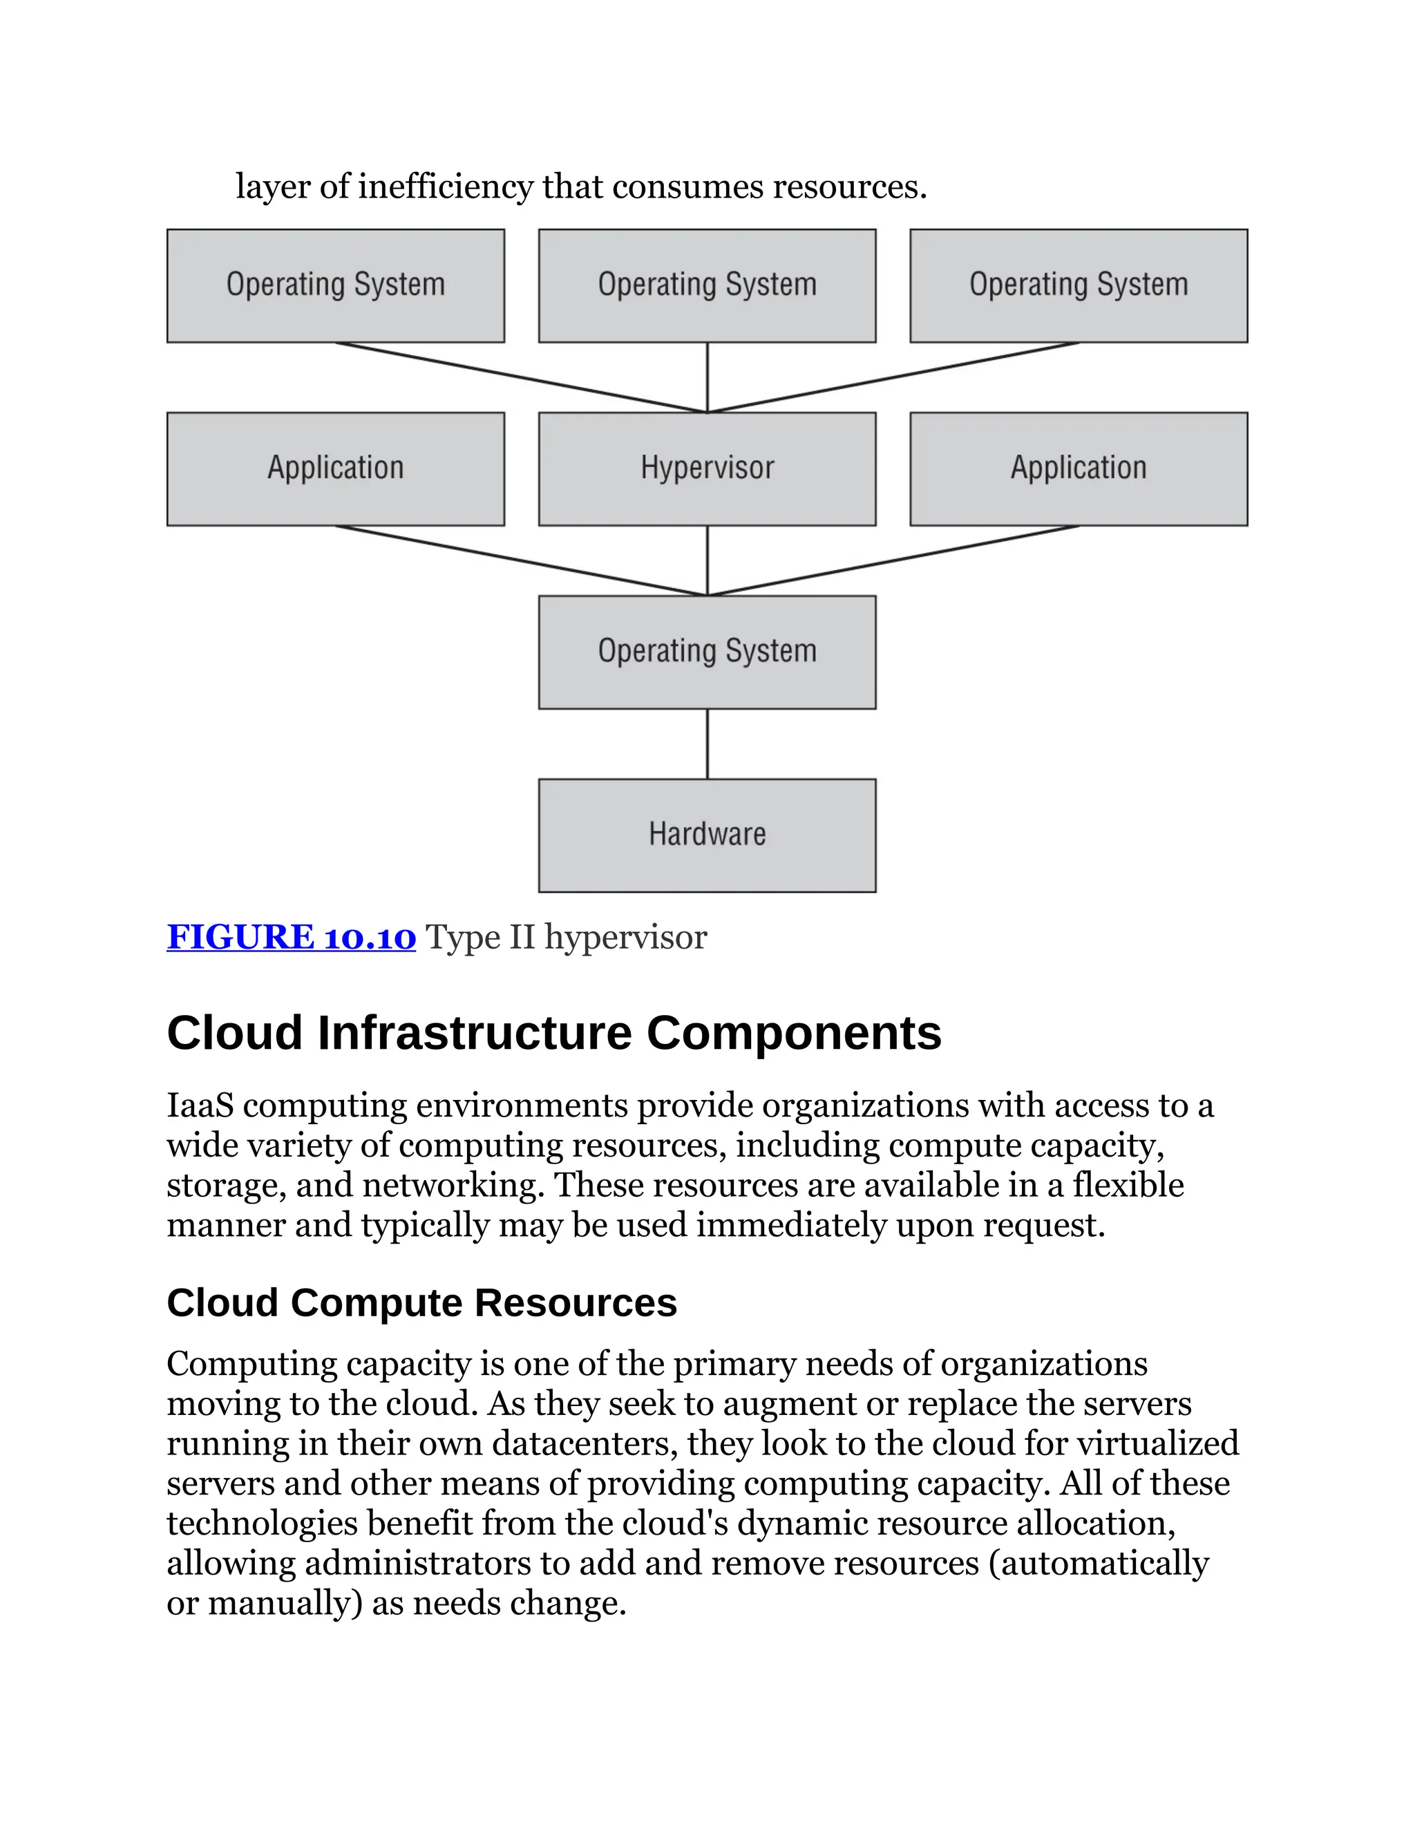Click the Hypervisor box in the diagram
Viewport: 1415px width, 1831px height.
pyautogui.click(x=707, y=468)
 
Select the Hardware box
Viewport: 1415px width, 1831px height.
pyautogui.click(x=707, y=835)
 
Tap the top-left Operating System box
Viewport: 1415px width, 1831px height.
pyautogui.click(x=335, y=285)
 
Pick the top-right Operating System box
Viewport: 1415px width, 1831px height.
pyautogui.click(x=1078, y=285)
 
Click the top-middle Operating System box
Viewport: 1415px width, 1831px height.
pyautogui.click(x=707, y=285)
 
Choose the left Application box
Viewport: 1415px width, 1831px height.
pyautogui.click(x=335, y=468)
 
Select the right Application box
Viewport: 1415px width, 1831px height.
pyautogui.click(x=1078, y=468)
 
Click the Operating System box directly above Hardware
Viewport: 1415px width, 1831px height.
pyautogui.click(x=707, y=652)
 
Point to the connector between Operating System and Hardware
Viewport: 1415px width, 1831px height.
pyautogui.click(x=707, y=743)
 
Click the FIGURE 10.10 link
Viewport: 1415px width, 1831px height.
pyautogui.click(x=291, y=938)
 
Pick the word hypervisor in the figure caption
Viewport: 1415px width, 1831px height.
pyautogui.click(x=625, y=938)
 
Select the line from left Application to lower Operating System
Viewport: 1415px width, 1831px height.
pyautogui.click(x=520, y=560)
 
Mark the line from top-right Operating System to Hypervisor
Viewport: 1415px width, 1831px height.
pyautogui.click(x=893, y=377)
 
